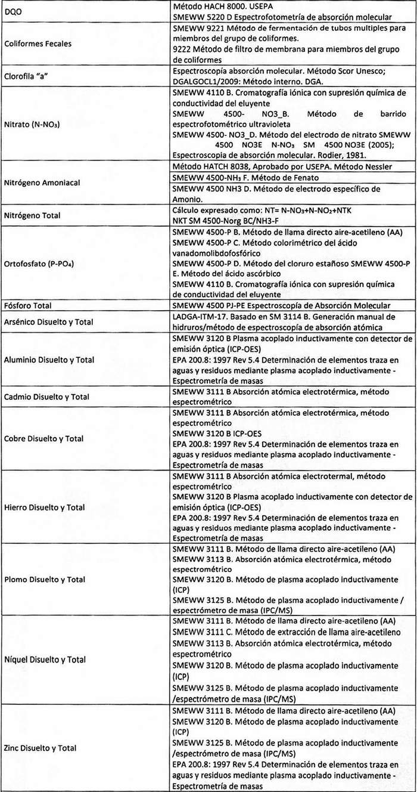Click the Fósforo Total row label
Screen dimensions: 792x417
point(32,306)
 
